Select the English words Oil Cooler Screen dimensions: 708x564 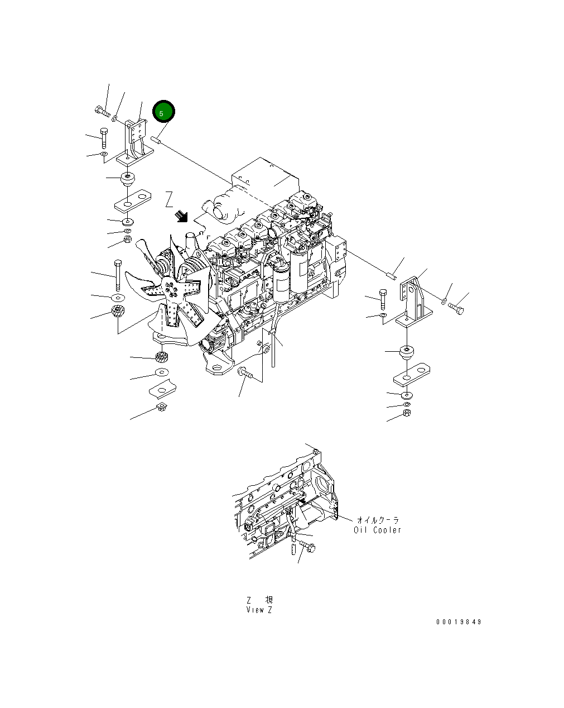click(377, 530)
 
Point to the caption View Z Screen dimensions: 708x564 click(259, 610)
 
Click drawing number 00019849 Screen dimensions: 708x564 click(459, 622)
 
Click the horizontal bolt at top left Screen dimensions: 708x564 click(101, 111)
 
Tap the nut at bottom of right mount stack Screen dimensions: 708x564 click(407, 414)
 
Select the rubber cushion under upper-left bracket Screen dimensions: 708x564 click(129, 180)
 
